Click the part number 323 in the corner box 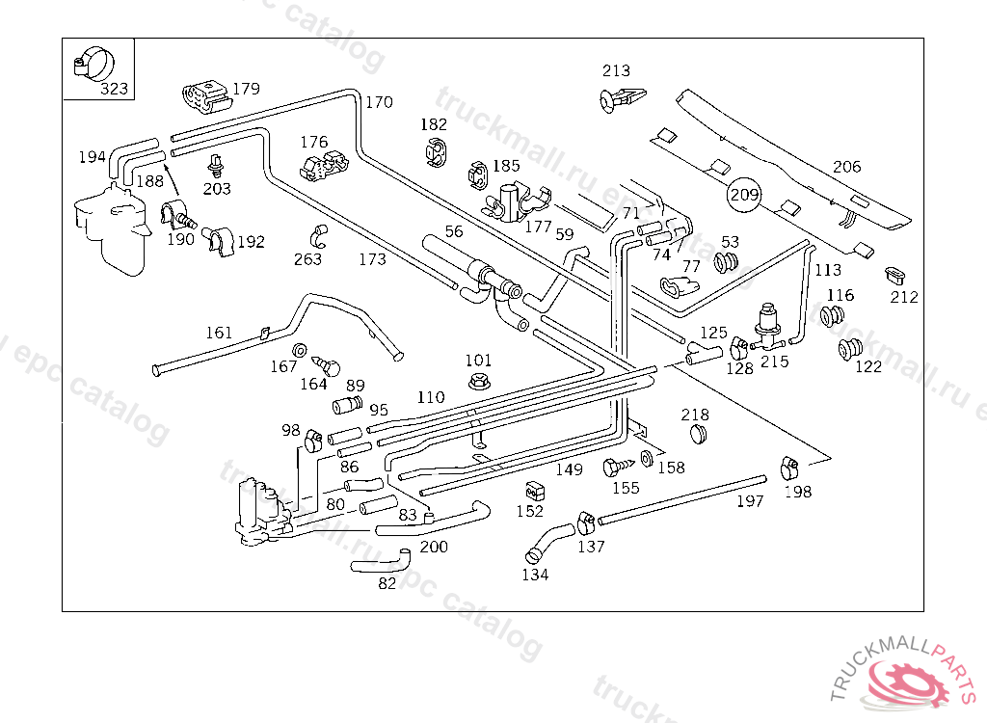[114, 89]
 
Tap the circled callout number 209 [744, 196]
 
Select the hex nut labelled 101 [478, 382]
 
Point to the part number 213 [616, 70]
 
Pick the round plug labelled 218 [695, 435]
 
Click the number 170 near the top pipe [379, 102]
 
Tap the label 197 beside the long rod [749, 501]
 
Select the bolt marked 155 [612, 468]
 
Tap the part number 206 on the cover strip [846, 167]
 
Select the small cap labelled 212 [896, 276]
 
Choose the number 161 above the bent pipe [219, 333]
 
